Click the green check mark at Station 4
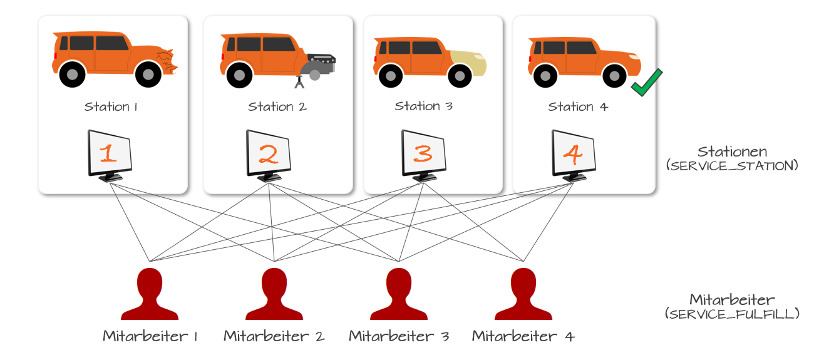[647, 83]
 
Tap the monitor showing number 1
[110, 154]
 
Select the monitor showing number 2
[268, 154]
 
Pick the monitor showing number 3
[423, 154]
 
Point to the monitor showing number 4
[574, 154]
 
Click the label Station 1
[111, 106]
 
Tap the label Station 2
[277, 106]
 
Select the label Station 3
[424, 106]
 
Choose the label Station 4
[578, 106]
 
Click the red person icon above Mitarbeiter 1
[150, 294]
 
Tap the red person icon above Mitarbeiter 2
[274, 294]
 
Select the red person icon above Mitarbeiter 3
[399, 294]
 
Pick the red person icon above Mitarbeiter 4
[523, 294]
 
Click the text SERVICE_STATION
[733, 166]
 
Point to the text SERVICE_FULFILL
[733, 314]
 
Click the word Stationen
[733, 152]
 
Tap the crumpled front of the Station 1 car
[167, 61]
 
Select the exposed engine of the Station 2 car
[321, 61]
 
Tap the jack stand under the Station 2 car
[299, 82]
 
